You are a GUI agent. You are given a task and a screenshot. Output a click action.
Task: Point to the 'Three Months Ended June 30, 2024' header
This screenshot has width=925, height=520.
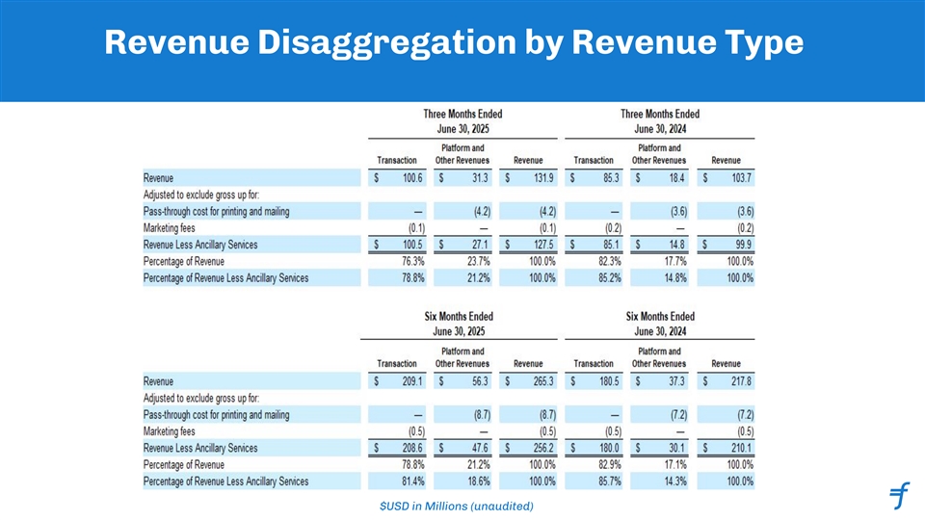659,120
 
